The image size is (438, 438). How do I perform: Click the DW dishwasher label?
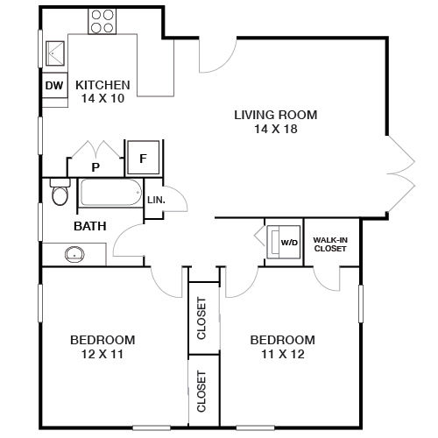tap(54, 86)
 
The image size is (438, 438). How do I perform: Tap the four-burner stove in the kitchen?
tap(102, 21)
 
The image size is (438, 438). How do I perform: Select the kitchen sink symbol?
tap(55, 53)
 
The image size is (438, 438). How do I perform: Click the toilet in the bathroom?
tap(60, 192)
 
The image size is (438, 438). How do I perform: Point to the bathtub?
tap(111, 193)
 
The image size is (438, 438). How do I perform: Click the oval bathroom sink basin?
tap(74, 254)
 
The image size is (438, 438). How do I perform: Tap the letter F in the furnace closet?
tap(143, 159)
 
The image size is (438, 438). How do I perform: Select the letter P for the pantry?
tap(95, 167)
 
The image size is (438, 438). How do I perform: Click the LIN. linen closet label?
tap(156, 200)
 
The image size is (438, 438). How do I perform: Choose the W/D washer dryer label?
tap(289, 243)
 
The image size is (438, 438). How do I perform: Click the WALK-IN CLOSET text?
tap(330, 244)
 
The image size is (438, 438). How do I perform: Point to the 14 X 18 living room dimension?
tap(276, 129)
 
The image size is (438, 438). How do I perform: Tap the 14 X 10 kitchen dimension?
tap(102, 98)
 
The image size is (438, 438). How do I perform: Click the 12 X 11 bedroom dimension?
tap(102, 354)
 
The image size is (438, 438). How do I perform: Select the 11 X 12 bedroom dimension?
tap(283, 354)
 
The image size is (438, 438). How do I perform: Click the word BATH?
tap(90, 226)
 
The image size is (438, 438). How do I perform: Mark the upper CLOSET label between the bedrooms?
tap(201, 318)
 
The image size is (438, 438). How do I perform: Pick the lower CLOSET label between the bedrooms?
tap(201, 392)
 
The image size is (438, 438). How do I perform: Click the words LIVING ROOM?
tap(276, 115)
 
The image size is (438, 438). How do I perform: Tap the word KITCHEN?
tap(102, 85)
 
